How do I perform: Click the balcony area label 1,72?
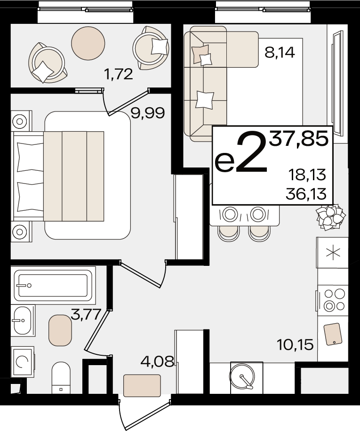[x=119, y=74]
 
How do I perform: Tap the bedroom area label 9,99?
[x=148, y=113]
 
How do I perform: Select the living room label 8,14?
[x=280, y=52]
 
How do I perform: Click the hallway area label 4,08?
[x=158, y=361]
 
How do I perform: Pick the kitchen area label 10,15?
[x=295, y=345]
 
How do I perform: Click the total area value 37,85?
[x=299, y=138]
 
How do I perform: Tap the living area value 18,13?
[x=307, y=175]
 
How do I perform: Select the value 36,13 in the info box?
[x=306, y=194]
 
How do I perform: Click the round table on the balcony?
[x=88, y=43]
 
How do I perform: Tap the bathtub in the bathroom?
[x=53, y=285]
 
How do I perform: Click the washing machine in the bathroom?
[x=23, y=362]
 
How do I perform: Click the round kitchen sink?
[x=243, y=375]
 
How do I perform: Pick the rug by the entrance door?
[x=142, y=385]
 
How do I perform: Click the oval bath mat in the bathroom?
[x=60, y=330]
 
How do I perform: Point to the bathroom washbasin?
[x=23, y=320]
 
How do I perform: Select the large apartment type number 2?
[x=252, y=153]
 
